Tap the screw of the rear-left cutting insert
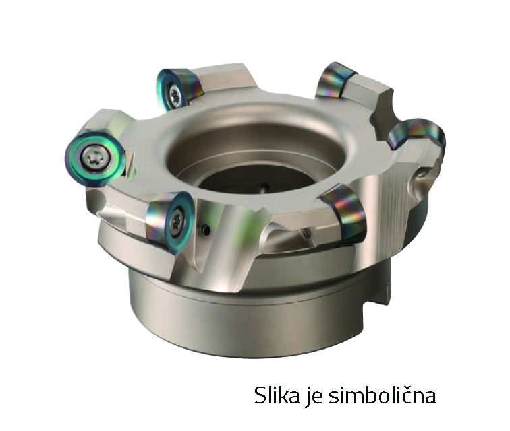174,94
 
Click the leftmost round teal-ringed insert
94,158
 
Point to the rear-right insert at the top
337,80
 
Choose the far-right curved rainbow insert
418,136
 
